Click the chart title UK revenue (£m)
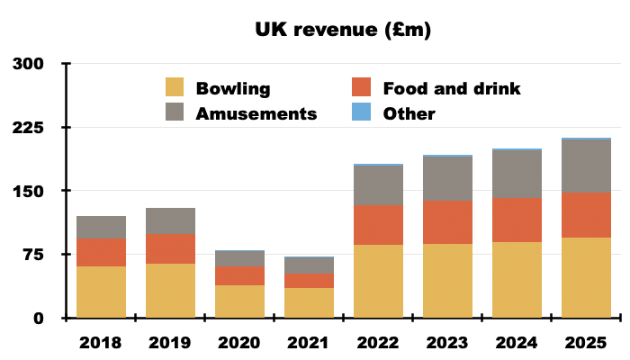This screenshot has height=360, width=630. click(x=342, y=31)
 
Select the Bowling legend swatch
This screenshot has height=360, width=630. click(x=175, y=88)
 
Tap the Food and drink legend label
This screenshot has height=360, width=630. click(x=451, y=88)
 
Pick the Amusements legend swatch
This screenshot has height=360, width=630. click(x=175, y=113)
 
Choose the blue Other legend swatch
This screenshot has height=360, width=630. click(x=360, y=113)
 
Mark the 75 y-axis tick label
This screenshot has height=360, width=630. click(x=33, y=255)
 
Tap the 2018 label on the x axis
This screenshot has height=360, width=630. click(x=101, y=343)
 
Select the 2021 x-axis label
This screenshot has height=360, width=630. click(x=309, y=343)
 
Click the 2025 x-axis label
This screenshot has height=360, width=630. click(x=586, y=343)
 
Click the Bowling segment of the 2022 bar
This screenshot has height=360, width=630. click(x=378, y=281)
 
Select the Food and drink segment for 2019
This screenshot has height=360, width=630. click(x=170, y=248)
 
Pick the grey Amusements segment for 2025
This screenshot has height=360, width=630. click(x=586, y=166)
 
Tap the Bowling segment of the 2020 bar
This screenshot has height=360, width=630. click(x=239, y=301)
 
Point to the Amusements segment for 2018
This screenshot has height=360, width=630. click(x=101, y=228)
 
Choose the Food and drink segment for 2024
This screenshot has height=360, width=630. click(x=517, y=220)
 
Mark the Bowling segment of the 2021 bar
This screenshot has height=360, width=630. click(x=309, y=302)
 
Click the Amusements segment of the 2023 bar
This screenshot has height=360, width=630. click(x=447, y=178)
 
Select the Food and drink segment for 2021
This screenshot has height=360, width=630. click(x=309, y=280)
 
